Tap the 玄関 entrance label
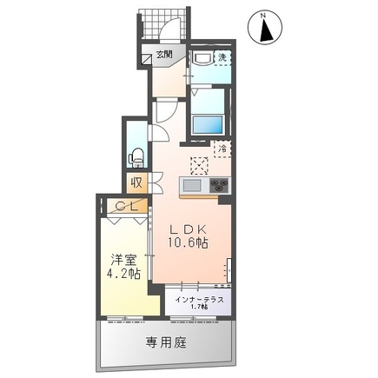tap(163, 56)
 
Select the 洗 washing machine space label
tap(222, 57)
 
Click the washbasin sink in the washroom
tap(202, 58)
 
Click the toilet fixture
tap(136, 157)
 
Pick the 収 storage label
tap(137, 182)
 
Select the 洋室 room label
tap(123, 259)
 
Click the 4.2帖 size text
tap(123, 275)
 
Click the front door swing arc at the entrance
tap(170, 35)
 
